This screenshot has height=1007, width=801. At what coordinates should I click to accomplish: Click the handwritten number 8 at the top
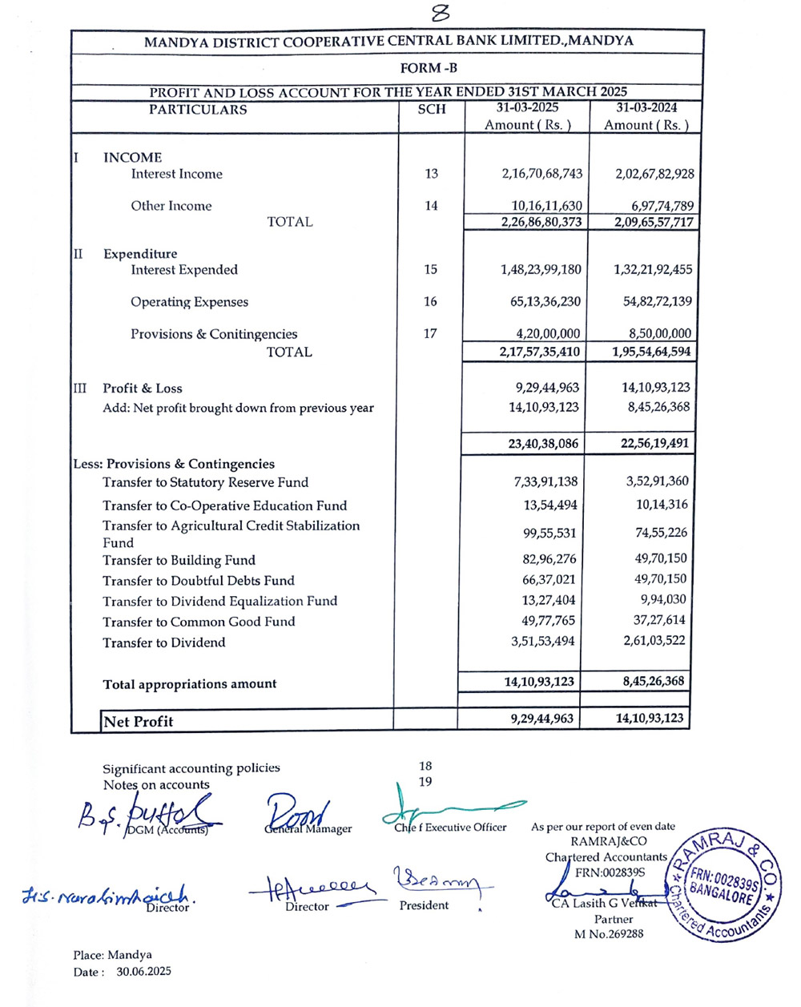coord(440,14)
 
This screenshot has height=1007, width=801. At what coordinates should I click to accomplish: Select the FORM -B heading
coord(429,68)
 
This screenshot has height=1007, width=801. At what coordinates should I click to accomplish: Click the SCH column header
coord(432,109)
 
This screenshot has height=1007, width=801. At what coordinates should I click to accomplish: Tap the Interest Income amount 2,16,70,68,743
coord(542,174)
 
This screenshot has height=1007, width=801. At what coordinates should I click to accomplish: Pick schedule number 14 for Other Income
coord(432,206)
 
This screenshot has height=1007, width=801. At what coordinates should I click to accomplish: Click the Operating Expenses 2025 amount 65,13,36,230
coord(541,302)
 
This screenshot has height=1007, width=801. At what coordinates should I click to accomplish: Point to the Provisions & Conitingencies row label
coord(214,334)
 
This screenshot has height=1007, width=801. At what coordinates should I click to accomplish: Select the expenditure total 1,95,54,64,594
coord(652,352)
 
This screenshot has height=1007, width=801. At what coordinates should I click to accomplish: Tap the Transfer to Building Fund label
coord(179,560)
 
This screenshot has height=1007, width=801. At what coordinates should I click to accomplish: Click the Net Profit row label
coord(138,721)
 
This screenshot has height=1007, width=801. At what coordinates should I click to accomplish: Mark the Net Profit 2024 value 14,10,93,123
coord(650,719)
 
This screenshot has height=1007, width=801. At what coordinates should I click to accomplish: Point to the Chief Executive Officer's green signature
coord(449,811)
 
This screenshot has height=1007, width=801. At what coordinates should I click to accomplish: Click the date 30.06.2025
coord(143,972)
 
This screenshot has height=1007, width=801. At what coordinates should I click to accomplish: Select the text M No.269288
coord(609,933)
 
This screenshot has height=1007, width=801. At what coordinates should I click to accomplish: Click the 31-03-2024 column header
coord(646,108)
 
